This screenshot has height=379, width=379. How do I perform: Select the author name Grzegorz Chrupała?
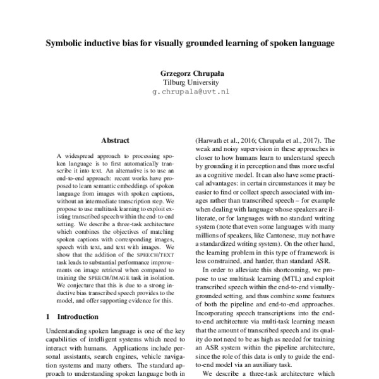coord(190,73)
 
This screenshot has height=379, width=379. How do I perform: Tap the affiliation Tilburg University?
coord(190,82)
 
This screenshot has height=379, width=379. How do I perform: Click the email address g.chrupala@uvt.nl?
coord(190,92)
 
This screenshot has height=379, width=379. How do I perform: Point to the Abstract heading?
coord(115,140)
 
